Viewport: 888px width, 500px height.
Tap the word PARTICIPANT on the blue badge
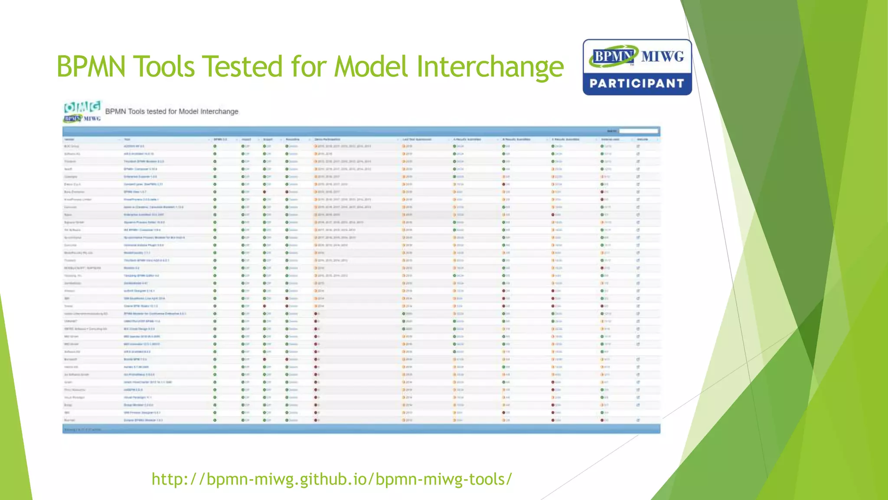coord(637,83)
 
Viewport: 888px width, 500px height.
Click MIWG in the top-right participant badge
coord(662,56)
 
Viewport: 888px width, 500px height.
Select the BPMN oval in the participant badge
coord(613,56)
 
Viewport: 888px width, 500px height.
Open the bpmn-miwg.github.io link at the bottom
coord(332,479)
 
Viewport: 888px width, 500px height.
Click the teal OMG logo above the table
coord(82,106)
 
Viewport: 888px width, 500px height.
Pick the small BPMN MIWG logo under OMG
coord(82,118)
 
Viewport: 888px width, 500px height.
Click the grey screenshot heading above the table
coord(172,112)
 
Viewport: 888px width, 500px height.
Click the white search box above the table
coord(638,131)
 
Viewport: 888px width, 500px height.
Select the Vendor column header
coord(69,139)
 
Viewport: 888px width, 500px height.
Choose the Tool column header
coord(127,139)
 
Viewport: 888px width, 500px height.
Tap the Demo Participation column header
coord(327,139)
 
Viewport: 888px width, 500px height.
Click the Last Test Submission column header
coord(417,139)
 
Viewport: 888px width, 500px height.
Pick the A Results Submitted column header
coord(467,139)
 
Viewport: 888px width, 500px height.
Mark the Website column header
coord(642,139)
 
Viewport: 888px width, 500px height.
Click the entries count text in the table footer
coord(82,430)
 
